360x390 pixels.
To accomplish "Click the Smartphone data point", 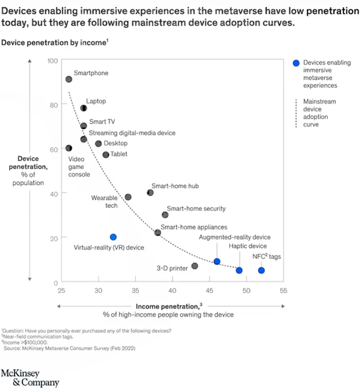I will coord(69,79).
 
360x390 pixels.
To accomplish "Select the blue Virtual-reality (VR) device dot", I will coord(113,237).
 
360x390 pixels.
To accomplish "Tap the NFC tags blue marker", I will coord(261,270).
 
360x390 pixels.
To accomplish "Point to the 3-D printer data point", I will coord(195,266).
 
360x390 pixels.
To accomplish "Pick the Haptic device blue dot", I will coord(239,270).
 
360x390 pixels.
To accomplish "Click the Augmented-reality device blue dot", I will coord(217,262).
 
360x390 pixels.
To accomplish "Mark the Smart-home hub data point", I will coord(150,193).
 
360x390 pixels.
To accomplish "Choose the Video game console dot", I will coord(69,148).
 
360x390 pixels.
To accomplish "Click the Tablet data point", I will coord(106,155).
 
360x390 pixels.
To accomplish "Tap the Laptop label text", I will coord(96,101).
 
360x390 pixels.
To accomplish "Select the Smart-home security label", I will coord(196,208).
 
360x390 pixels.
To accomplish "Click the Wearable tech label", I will coord(104,202).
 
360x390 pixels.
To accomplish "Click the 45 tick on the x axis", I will coord(209,291).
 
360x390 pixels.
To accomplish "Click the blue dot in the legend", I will coord(296,63).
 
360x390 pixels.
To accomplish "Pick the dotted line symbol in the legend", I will coord(296,113).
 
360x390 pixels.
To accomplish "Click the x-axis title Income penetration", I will coord(167,306).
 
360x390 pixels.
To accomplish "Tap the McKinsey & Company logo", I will coord(30,378).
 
